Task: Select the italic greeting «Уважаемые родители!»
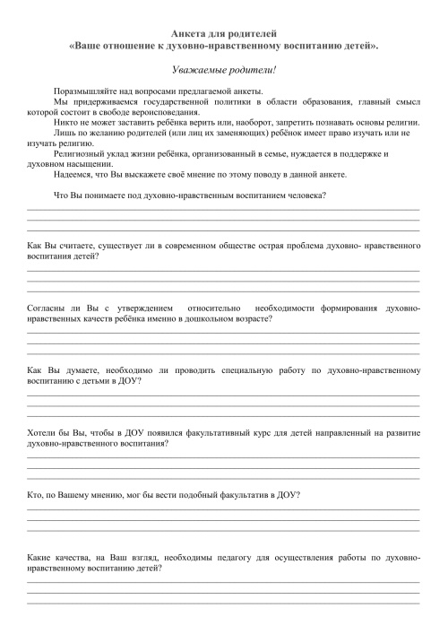click(223, 69)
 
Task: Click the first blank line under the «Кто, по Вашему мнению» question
click(223, 509)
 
